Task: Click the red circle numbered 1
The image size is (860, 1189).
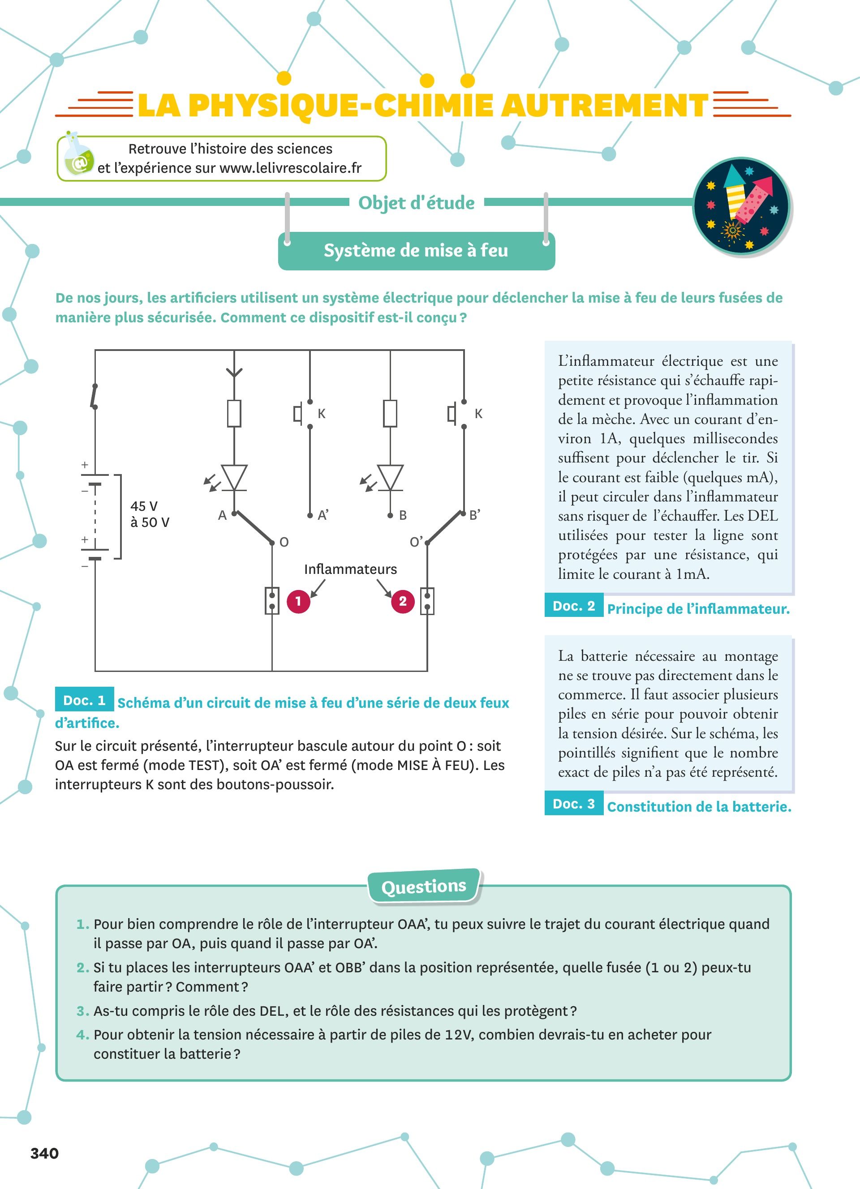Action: tap(298, 601)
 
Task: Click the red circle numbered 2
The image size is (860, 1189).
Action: tap(403, 601)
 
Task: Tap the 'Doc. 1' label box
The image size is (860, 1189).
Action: tap(84, 701)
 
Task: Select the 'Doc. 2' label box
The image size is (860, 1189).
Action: tap(574, 606)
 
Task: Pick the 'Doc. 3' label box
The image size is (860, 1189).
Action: tap(574, 804)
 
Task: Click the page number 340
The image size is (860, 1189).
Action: tap(45, 1153)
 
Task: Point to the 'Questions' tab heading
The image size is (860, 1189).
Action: tap(424, 886)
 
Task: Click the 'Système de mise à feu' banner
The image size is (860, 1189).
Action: tap(416, 251)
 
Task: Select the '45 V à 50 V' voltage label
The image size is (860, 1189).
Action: tap(150, 514)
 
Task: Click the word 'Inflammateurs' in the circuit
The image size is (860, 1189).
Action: tap(350, 569)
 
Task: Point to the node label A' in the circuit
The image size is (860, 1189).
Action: tap(323, 515)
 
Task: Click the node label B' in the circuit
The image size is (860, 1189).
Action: tap(475, 515)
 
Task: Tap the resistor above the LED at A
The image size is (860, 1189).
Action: tap(234, 413)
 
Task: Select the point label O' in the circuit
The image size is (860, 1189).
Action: tap(416, 542)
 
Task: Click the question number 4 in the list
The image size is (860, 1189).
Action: tap(82, 1035)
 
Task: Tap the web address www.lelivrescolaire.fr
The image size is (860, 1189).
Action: tap(291, 168)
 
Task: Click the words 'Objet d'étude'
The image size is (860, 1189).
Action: tap(417, 202)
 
